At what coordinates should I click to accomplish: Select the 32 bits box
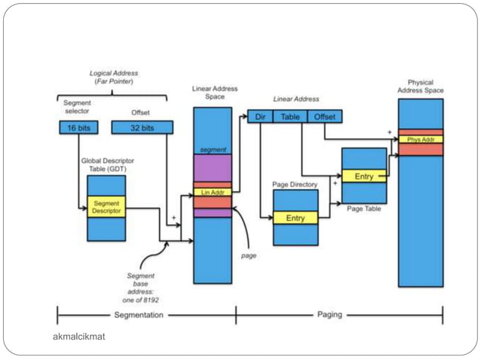click(142, 128)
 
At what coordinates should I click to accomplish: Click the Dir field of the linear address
click(260, 117)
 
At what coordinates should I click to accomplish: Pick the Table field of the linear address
click(290, 117)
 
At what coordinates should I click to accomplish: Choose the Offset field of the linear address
click(325, 117)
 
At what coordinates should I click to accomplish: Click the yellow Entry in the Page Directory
click(296, 218)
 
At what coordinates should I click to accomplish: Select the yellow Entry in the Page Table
click(363, 176)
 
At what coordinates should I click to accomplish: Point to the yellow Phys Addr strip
click(421, 139)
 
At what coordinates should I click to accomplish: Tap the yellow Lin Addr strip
click(212, 193)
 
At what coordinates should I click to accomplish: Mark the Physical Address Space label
click(421, 86)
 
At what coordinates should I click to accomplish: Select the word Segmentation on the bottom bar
click(139, 315)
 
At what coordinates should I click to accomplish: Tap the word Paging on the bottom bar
click(329, 315)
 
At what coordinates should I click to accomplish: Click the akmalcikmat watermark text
click(80, 335)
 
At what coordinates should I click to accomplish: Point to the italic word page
click(249, 255)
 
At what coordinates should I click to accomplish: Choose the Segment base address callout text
click(142, 287)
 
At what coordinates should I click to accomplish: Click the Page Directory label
click(295, 184)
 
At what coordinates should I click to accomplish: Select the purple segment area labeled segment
click(213, 166)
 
